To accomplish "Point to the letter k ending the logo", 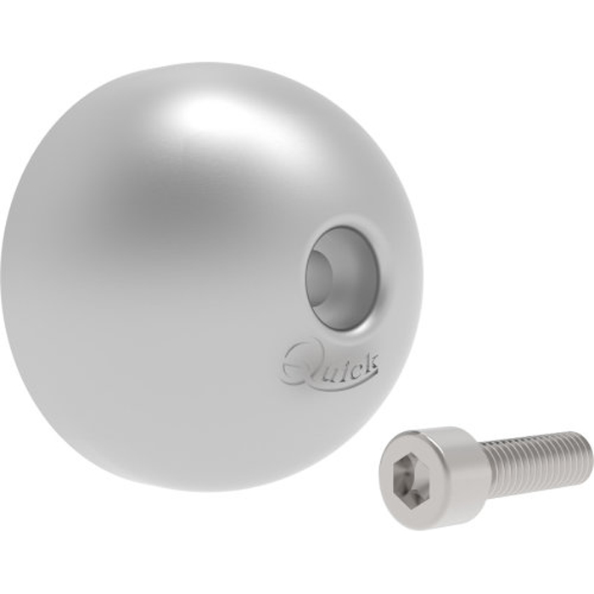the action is pyautogui.click(x=372, y=360).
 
